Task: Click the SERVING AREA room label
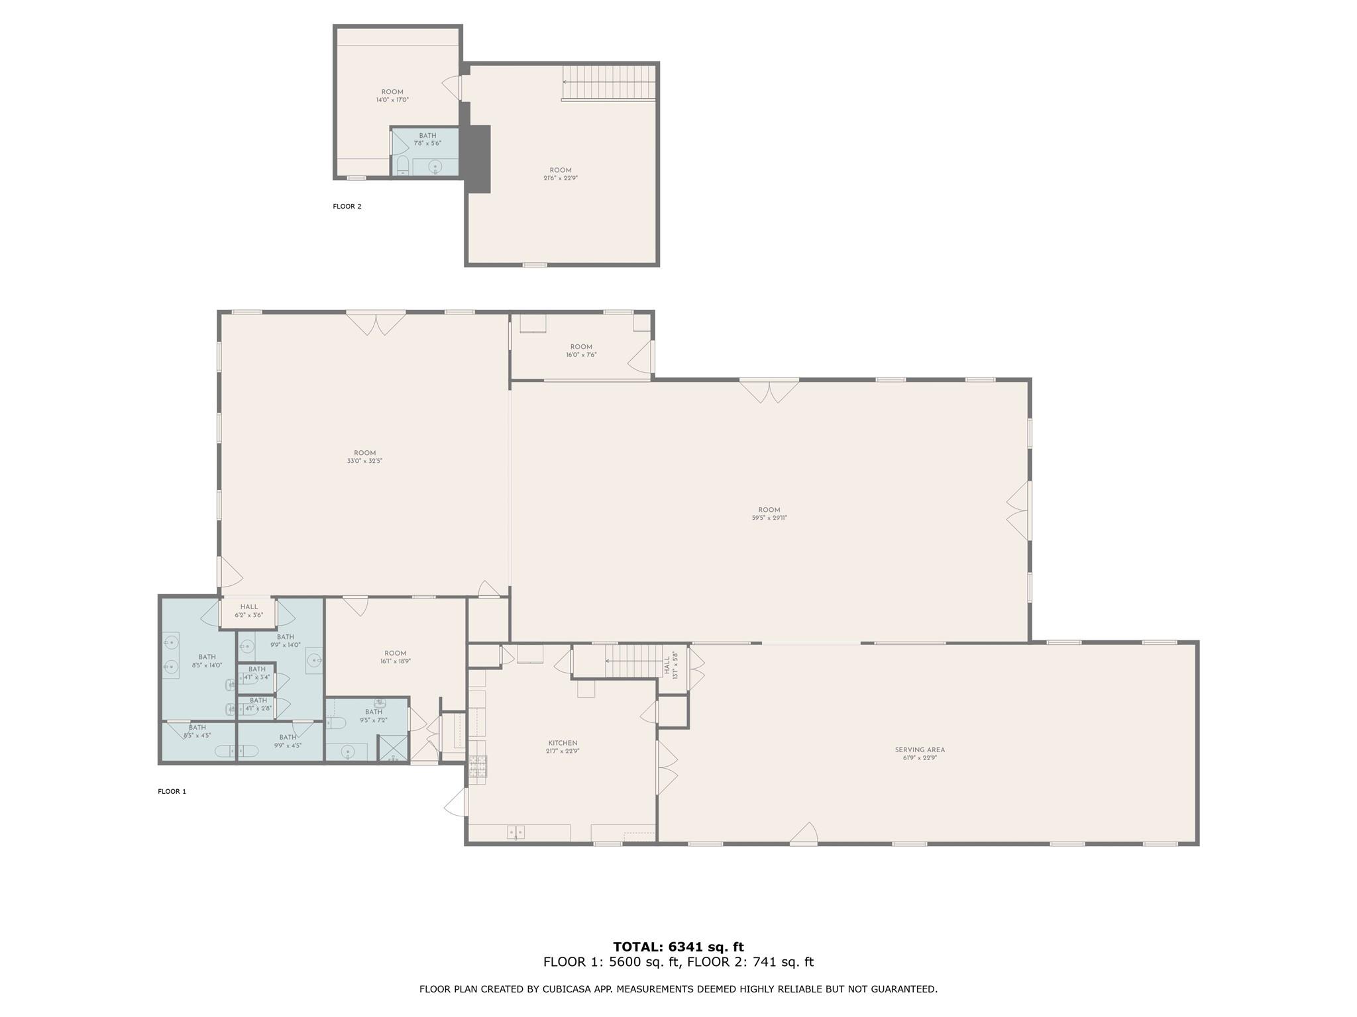coord(920,750)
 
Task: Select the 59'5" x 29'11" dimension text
coord(769,518)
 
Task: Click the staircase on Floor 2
coord(608,82)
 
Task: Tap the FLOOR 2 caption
coord(347,207)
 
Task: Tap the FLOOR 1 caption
coord(172,791)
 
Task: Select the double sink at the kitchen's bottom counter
coord(516,832)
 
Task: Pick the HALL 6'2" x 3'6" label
coord(249,610)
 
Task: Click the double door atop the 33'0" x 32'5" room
coord(376,322)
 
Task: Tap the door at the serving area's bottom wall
coord(803,834)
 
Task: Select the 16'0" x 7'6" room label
coord(581,350)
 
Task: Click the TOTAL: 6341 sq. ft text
coord(678,947)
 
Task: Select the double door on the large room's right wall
coord(1019,510)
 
